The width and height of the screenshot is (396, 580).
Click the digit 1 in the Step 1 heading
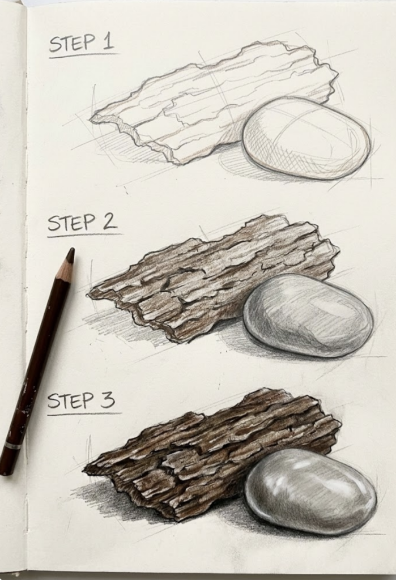point(107,42)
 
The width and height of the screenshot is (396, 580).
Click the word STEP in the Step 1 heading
point(71,44)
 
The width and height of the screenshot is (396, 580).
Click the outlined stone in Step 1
point(306,138)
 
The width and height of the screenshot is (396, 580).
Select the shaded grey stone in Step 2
point(308,315)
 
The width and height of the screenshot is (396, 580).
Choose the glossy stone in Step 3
point(310,491)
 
